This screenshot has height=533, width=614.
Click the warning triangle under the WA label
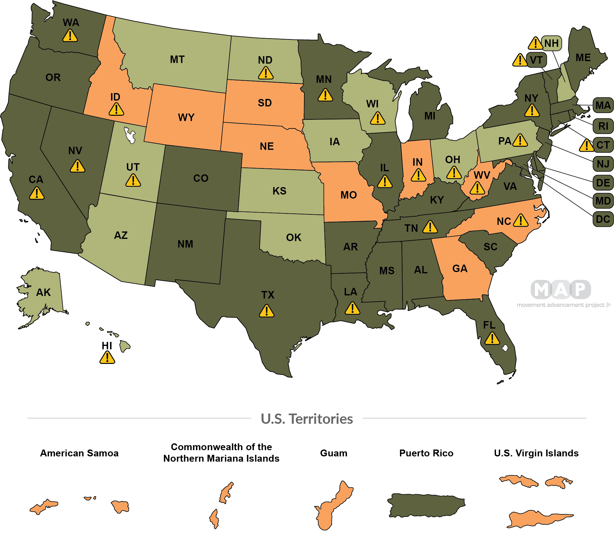click(x=70, y=36)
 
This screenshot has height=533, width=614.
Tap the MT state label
click(x=177, y=59)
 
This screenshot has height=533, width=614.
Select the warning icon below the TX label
click(x=267, y=311)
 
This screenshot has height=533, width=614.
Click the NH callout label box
click(x=551, y=43)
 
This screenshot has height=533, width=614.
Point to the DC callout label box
click(x=603, y=219)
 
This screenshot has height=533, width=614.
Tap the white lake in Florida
click(x=505, y=348)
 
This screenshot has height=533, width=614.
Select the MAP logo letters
click(x=561, y=290)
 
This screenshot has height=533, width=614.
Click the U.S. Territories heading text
click(x=307, y=419)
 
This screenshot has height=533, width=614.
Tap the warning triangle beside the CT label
click(x=586, y=145)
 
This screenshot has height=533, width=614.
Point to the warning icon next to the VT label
click(x=520, y=60)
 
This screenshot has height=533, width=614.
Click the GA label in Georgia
click(x=460, y=268)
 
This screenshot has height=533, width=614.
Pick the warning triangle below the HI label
click(x=107, y=357)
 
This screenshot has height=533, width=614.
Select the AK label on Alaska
click(x=43, y=292)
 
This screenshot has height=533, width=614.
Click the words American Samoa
click(x=80, y=453)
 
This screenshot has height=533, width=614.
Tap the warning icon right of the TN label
click(x=430, y=227)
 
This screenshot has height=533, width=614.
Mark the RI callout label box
click(x=603, y=126)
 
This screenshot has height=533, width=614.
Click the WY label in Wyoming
click(x=186, y=117)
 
